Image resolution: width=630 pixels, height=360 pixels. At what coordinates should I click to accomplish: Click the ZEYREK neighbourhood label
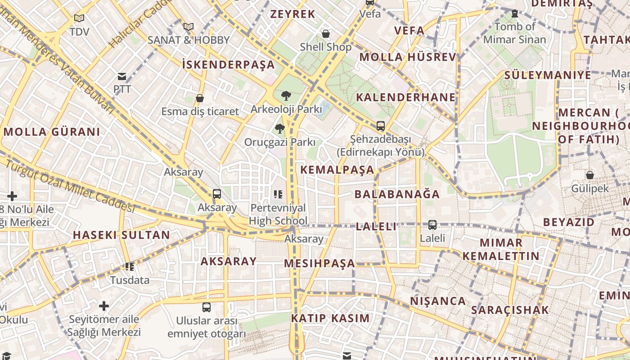click(292, 14)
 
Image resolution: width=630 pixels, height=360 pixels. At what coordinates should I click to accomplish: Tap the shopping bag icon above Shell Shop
click(326, 34)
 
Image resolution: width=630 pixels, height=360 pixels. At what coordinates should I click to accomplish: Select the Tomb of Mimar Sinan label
click(514, 33)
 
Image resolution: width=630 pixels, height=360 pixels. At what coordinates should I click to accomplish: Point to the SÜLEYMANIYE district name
click(548, 75)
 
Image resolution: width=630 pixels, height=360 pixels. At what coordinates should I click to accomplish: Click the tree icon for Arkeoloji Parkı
click(286, 96)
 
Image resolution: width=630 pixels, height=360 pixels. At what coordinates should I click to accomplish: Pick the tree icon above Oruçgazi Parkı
click(279, 129)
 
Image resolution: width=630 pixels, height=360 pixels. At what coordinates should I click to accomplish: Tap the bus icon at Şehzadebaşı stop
click(381, 126)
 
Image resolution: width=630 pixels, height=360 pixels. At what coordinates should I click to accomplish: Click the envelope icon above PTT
click(122, 76)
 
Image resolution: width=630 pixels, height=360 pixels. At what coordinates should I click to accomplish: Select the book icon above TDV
click(79, 18)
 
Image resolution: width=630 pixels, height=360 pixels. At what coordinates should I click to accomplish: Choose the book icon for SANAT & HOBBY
click(189, 27)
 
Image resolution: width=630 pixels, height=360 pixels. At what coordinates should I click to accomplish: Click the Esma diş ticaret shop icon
click(200, 98)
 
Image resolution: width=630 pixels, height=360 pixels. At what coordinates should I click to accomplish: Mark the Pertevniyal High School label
click(279, 214)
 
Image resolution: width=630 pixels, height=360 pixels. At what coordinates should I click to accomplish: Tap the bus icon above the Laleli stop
click(432, 225)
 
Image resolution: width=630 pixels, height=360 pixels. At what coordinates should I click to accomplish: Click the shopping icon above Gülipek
click(589, 175)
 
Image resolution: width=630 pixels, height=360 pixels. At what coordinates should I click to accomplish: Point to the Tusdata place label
click(130, 280)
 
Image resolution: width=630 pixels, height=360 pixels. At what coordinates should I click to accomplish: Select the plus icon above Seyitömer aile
click(104, 306)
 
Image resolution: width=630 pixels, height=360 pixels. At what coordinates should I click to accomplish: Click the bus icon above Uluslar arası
click(207, 307)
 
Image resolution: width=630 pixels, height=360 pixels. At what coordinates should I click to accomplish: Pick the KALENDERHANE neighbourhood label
click(405, 97)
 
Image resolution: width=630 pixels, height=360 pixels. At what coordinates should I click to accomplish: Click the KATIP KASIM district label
click(330, 318)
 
